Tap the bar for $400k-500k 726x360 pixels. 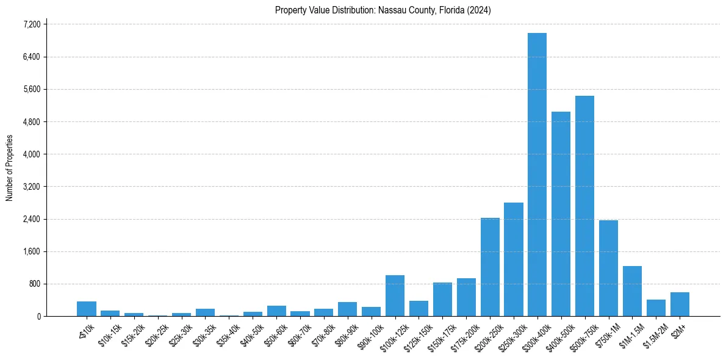[x=561, y=214]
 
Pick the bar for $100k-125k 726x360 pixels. [x=395, y=296]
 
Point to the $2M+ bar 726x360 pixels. [x=680, y=304]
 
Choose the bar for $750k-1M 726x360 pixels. [x=608, y=268]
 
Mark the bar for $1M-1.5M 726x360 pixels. [x=632, y=291]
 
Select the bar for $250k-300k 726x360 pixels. [x=514, y=259]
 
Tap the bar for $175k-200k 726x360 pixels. [x=466, y=297]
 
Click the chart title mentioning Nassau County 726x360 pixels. [x=383, y=10]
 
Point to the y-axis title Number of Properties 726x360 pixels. [x=10, y=168]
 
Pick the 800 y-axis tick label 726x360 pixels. [x=35, y=284]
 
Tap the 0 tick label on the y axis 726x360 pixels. [x=38, y=316]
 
